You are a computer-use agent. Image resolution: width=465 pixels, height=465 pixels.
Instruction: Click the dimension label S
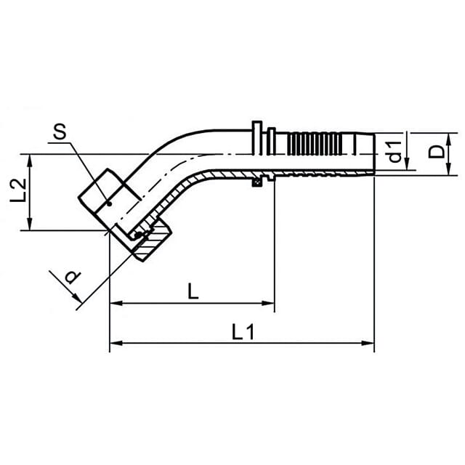60,132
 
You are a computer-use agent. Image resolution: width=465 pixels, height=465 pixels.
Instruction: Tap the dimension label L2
18,190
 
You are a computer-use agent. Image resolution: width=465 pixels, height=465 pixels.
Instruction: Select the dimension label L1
243,332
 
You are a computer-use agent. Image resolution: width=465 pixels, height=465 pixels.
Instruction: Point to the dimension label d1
395,152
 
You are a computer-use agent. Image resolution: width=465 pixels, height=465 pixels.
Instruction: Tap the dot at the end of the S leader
110,204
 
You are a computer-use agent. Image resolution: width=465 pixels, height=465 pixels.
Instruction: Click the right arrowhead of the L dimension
268,303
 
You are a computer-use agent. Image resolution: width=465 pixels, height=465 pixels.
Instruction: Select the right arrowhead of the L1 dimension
368,343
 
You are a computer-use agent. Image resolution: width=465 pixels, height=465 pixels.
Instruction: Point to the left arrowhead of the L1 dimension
116,343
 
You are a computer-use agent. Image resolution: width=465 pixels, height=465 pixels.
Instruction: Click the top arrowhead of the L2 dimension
29,161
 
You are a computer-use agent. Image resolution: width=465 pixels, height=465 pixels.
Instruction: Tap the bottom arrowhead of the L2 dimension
29,224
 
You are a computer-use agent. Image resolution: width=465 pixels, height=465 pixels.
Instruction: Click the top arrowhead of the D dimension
448,139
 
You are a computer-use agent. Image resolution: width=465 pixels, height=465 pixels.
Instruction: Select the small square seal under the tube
256,182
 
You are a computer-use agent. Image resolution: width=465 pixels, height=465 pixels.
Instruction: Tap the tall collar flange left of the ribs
256,137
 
